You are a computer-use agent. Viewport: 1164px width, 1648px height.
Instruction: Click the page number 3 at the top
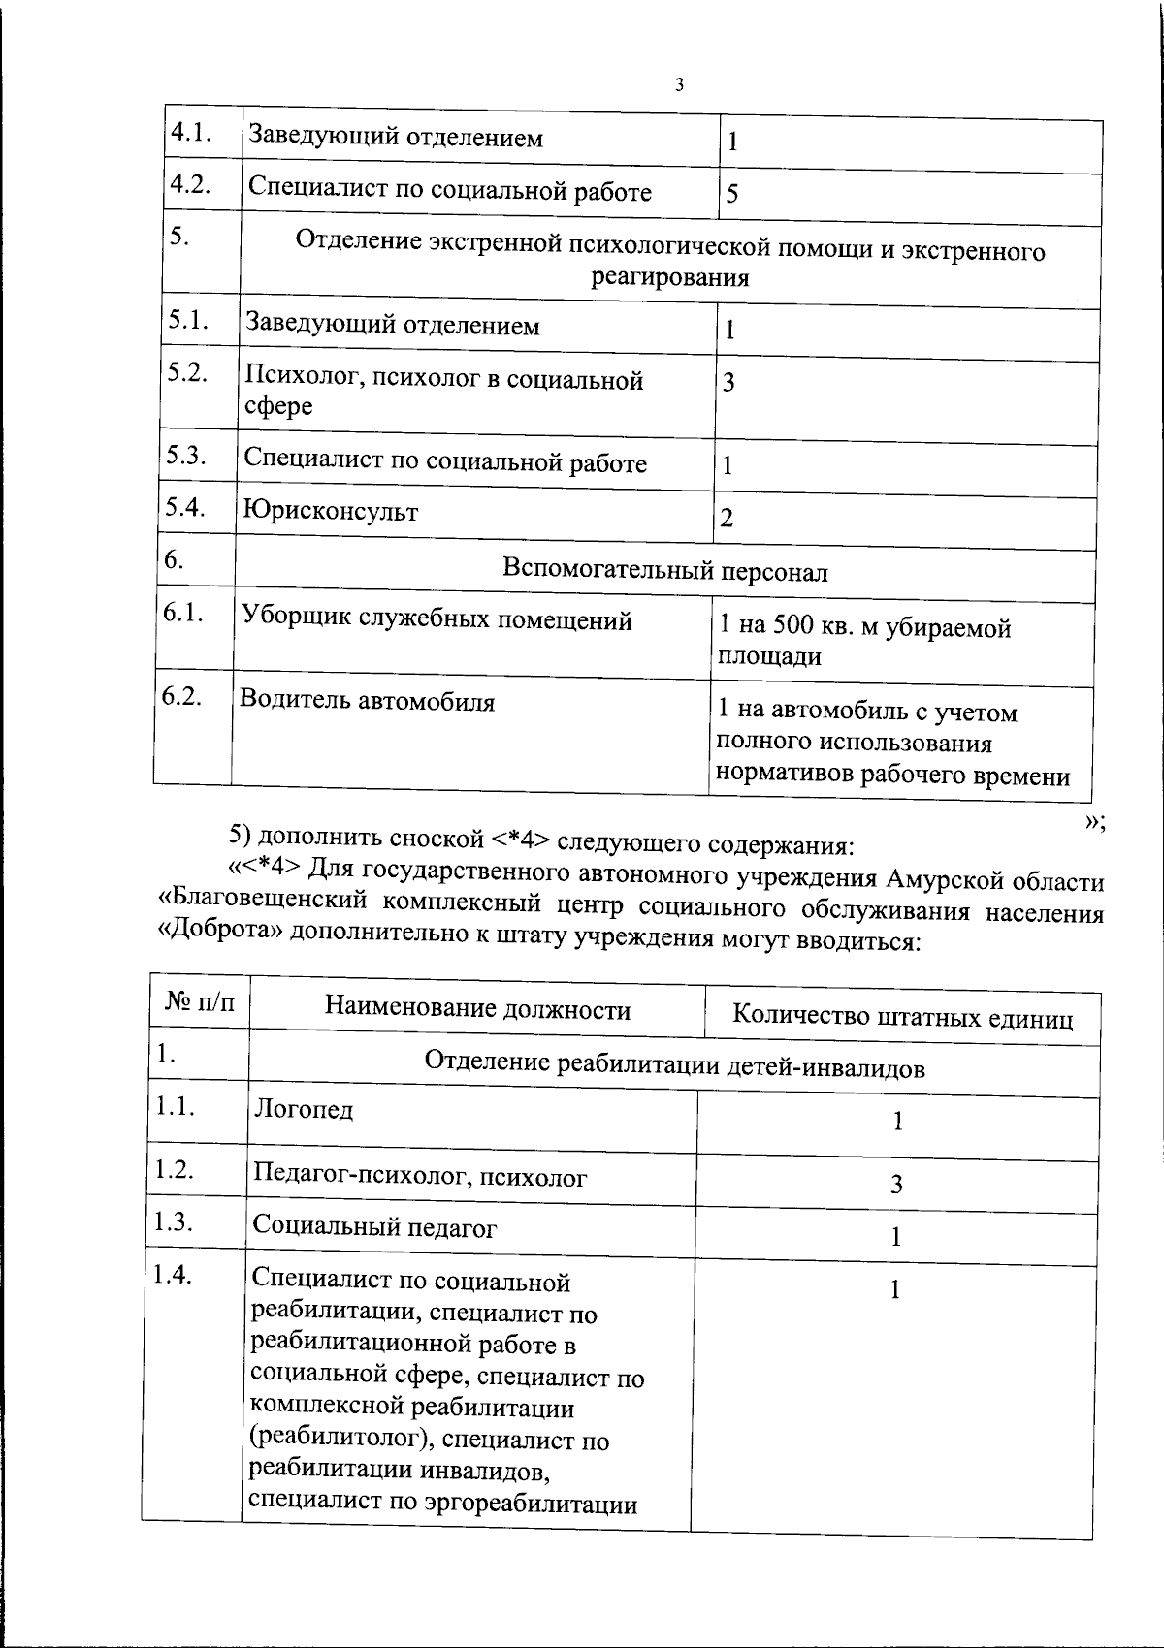(679, 84)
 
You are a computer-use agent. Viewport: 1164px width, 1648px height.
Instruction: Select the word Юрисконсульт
(331, 511)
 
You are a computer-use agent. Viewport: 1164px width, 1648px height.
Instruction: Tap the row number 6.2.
(182, 696)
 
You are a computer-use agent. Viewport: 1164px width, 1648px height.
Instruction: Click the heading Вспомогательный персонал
(665, 571)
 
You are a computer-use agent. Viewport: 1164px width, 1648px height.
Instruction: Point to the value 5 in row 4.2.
(732, 193)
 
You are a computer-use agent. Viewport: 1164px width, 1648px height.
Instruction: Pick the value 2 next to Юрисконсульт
(727, 519)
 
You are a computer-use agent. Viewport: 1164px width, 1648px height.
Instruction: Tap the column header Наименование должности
(477, 1010)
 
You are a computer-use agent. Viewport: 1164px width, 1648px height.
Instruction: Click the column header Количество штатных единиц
(902, 1017)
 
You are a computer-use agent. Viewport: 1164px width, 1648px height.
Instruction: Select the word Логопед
(304, 1109)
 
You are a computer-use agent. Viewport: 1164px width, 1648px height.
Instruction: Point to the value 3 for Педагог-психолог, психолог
(896, 1184)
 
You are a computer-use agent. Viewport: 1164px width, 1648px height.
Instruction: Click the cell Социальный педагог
(374, 1227)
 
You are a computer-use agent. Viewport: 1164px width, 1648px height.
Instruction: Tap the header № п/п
(200, 1002)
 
